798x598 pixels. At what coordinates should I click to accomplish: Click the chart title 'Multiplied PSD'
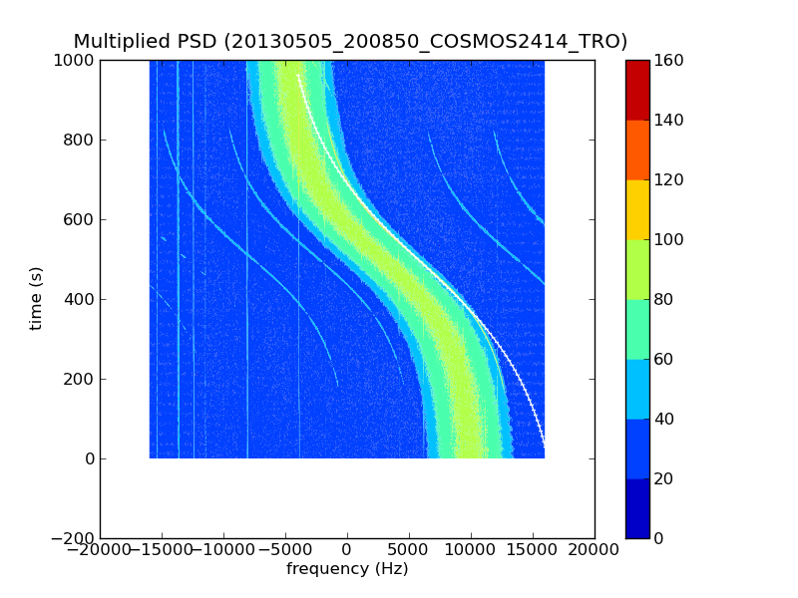[x=145, y=42]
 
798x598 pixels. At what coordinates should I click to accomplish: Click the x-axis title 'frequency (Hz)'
[x=347, y=569]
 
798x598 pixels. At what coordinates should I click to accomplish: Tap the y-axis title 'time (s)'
[x=37, y=298]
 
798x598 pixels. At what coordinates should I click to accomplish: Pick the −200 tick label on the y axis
[x=72, y=538]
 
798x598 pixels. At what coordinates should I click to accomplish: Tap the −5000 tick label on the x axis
[x=285, y=550]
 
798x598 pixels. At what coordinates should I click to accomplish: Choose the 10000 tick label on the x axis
[x=471, y=550]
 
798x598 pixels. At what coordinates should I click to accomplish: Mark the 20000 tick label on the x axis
[x=595, y=550]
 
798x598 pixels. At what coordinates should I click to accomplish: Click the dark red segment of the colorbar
[x=637, y=90]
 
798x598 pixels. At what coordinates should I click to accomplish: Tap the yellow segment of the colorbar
[x=637, y=209]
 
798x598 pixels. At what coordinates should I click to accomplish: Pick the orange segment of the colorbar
[x=637, y=149]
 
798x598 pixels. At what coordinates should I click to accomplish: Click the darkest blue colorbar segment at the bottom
[x=637, y=508]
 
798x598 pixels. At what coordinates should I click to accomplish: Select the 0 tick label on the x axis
[x=347, y=550]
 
